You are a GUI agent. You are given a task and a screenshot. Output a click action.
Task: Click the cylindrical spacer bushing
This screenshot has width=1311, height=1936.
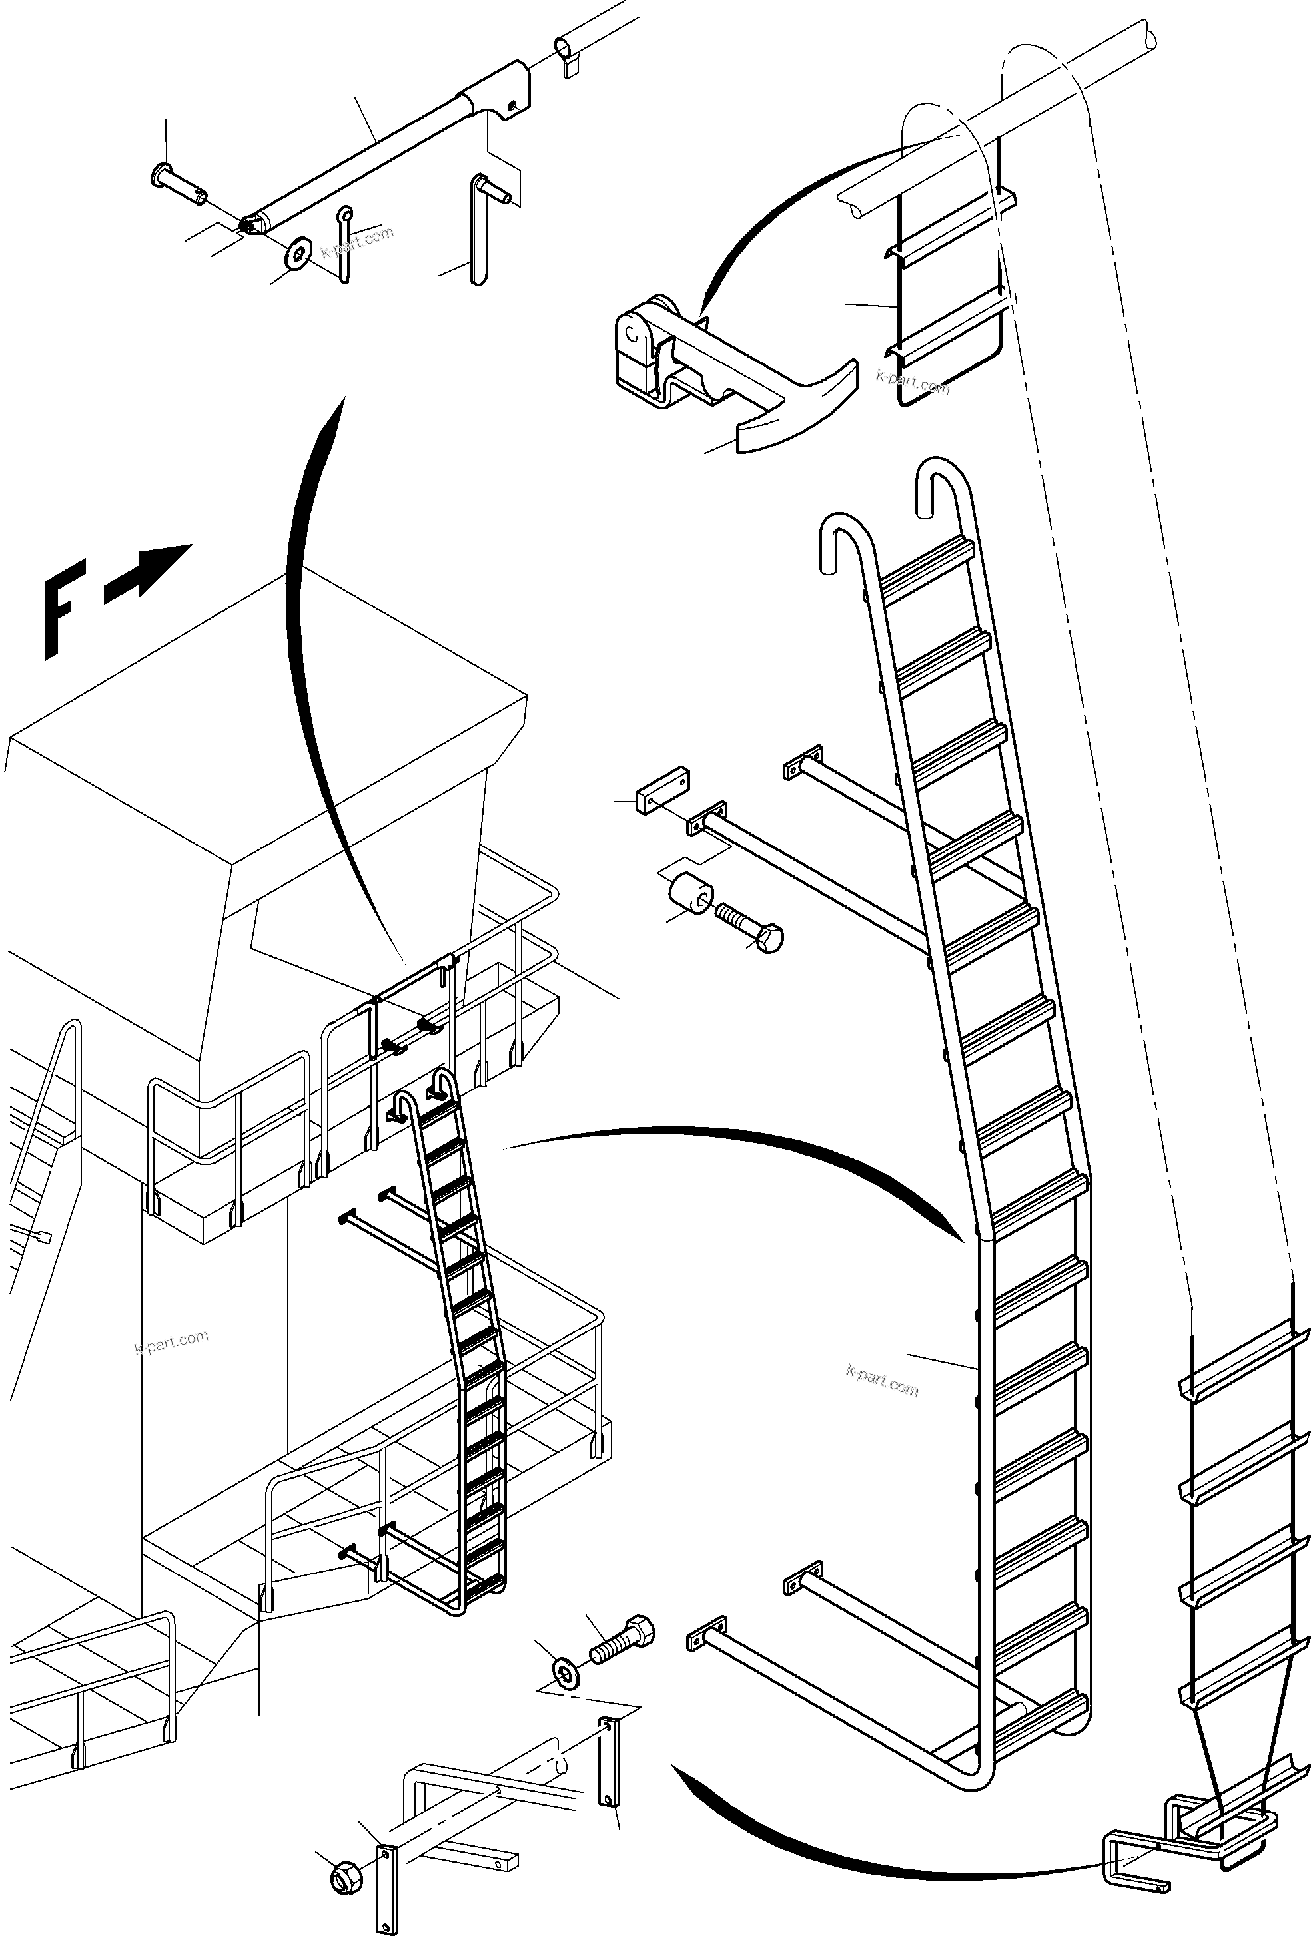click(691, 895)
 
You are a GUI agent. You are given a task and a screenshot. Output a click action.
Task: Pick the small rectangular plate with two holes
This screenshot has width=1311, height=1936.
click(663, 788)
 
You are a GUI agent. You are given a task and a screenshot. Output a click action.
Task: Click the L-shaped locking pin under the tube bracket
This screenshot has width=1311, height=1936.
click(484, 225)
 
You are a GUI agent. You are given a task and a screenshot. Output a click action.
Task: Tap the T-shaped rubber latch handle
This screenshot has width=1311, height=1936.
click(792, 408)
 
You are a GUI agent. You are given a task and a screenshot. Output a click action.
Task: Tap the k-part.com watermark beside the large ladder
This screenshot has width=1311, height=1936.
click(882, 1381)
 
